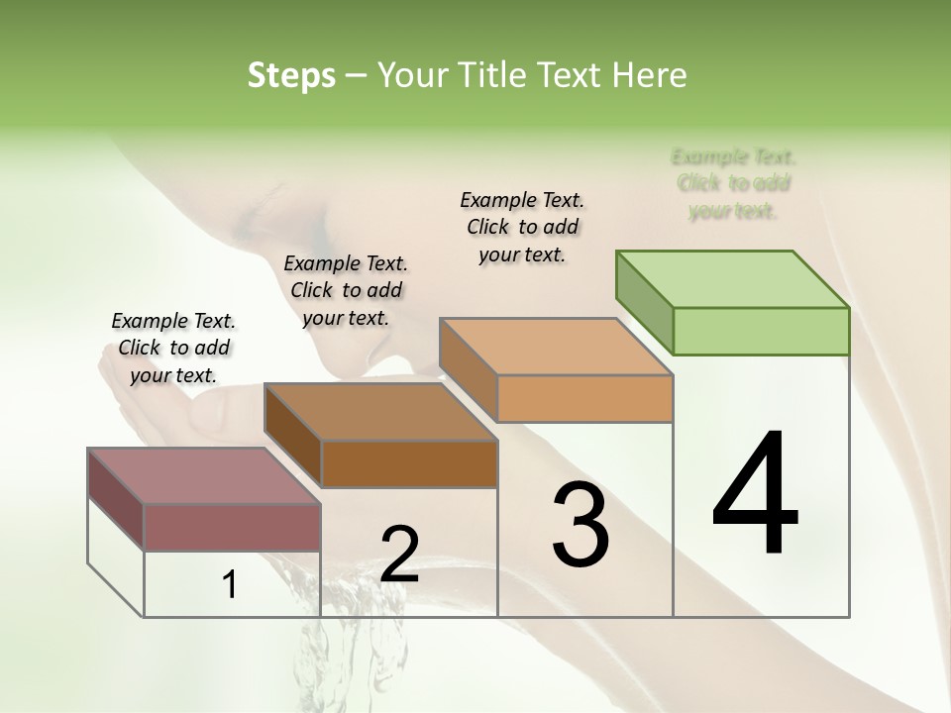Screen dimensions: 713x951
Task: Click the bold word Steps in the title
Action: (x=291, y=75)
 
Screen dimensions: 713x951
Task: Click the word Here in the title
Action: (x=649, y=75)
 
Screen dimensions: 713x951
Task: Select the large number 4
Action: (x=755, y=494)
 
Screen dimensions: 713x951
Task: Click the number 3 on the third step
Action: (x=580, y=524)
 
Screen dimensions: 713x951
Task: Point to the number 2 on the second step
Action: (x=399, y=554)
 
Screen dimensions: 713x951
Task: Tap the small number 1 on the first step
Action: (x=230, y=585)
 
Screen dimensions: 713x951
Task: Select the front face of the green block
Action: (x=761, y=331)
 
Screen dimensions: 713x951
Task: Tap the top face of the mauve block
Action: (x=204, y=476)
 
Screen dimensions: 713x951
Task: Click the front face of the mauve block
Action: (x=232, y=527)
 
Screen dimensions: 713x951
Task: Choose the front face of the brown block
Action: (x=409, y=463)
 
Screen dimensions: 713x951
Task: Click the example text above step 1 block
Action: (x=173, y=348)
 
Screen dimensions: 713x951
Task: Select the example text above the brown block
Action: (x=346, y=290)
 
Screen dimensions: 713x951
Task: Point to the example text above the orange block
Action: (x=522, y=227)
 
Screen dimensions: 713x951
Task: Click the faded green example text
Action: (x=733, y=183)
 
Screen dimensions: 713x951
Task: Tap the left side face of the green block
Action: (x=644, y=302)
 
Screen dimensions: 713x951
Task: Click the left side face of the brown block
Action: (x=292, y=436)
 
